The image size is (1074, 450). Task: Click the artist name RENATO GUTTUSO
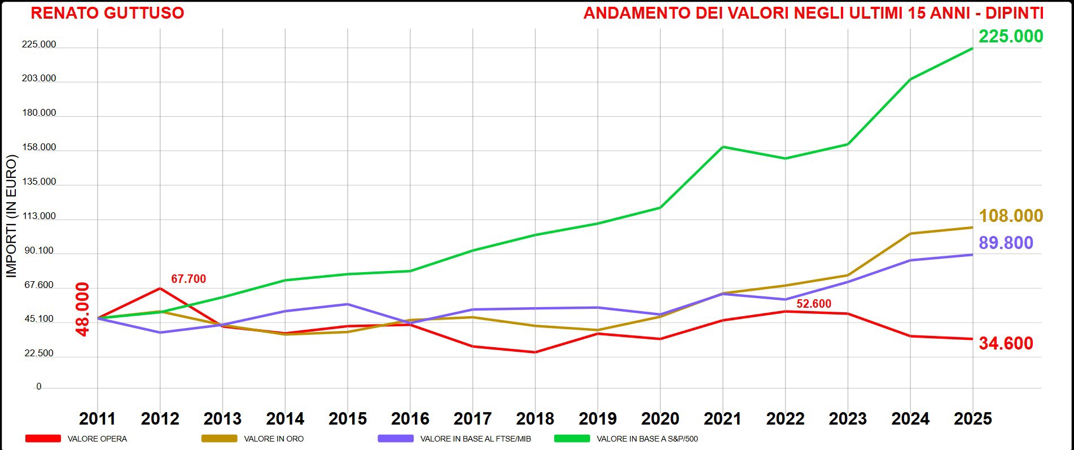tap(107, 13)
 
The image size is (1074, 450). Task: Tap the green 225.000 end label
tap(1010, 36)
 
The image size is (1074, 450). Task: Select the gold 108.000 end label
tap(1010, 216)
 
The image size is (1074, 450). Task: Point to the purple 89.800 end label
tap(1006, 243)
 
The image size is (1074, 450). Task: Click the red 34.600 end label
tap(1006, 343)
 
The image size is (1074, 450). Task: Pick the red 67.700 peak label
tap(189, 279)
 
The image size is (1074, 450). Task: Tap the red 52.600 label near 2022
tap(813, 304)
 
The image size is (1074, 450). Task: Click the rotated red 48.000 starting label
tap(82, 309)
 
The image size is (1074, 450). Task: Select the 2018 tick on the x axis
tap(535, 419)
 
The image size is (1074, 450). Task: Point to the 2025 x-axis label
tap(972, 419)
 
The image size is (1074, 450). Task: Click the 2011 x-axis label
tap(97, 419)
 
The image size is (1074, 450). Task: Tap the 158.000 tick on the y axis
tap(39, 147)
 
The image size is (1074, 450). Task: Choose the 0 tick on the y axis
tap(39, 387)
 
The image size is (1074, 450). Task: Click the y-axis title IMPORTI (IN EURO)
tap(12, 216)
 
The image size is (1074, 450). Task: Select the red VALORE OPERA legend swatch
tap(43, 439)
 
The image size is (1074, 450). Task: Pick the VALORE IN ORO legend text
tap(274, 439)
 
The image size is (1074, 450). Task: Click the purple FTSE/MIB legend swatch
tap(396, 439)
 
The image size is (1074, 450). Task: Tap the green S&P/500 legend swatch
tap(572, 439)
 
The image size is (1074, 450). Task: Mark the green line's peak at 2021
tap(723, 147)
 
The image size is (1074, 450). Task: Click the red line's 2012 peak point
tap(160, 289)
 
